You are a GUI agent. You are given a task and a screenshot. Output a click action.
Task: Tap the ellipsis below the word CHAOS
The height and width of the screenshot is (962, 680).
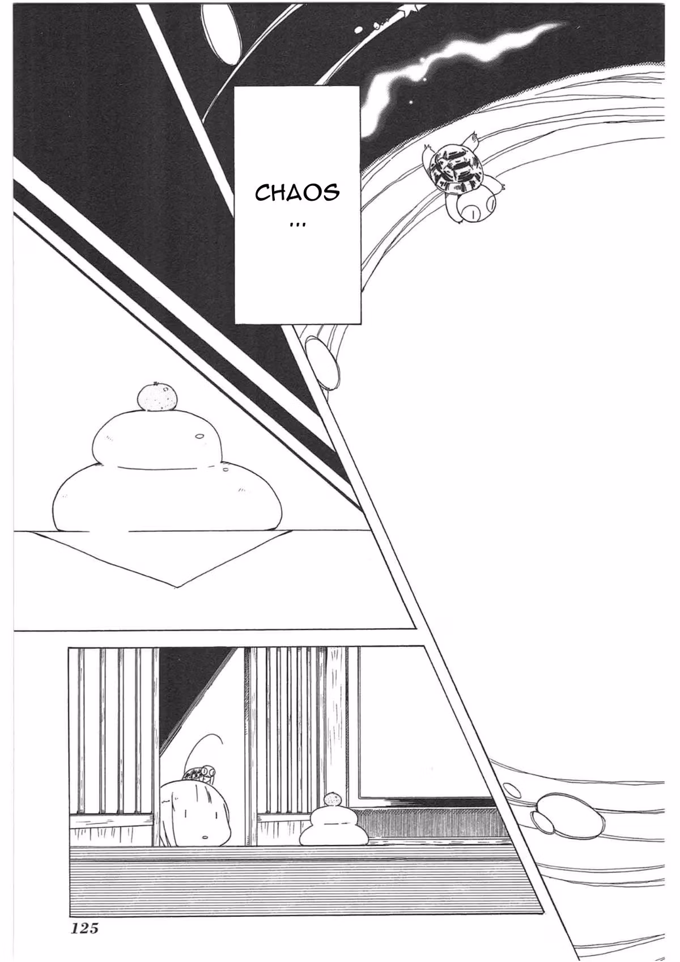(297, 226)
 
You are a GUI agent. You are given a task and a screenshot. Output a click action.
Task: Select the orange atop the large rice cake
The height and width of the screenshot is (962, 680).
(157, 397)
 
